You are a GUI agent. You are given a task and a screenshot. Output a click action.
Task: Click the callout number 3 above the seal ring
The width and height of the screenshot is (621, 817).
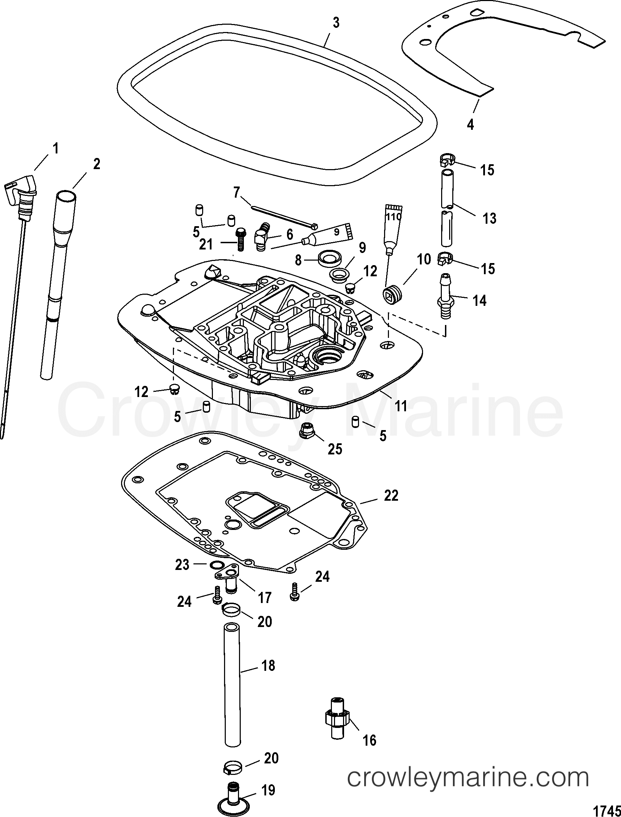click(x=335, y=23)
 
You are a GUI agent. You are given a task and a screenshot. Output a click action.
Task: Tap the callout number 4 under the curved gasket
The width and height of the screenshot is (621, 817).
click(x=470, y=125)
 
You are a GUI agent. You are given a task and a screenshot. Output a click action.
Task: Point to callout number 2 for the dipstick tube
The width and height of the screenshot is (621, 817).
click(x=96, y=164)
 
